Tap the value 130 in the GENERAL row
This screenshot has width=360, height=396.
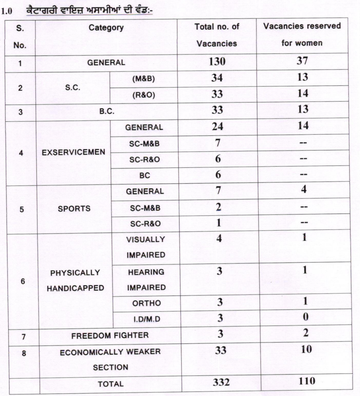click(x=217, y=62)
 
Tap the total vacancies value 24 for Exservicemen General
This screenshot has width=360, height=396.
click(x=217, y=127)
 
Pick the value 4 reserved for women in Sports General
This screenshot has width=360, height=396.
click(x=303, y=190)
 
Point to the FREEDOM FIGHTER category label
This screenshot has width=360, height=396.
click(x=110, y=336)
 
